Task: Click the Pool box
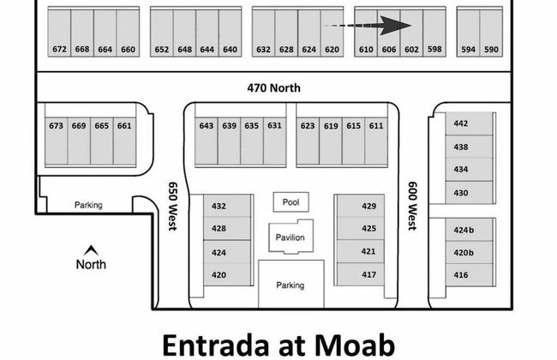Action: pyautogui.click(x=290, y=202)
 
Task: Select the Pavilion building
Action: pyautogui.click(x=290, y=237)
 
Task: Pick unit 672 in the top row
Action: pyautogui.click(x=59, y=49)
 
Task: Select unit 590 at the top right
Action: pyautogui.click(x=491, y=49)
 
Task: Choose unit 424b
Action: pyautogui.click(x=464, y=231)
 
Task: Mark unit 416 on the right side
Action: pyautogui.click(x=462, y=274)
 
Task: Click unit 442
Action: pyautogui.click(x=461, y=123)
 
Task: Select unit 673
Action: pyautogui.click(x=56, y=126)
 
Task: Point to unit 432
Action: pyautogui.click(x=219, y=206)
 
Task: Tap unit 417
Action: pyautogui.click(x=368, y=274)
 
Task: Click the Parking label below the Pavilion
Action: pyautogui.click(x=290, y=285)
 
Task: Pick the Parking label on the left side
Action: pyautogui.click(x=88, y=205)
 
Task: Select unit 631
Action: pyautogui.click(x=274, y=126)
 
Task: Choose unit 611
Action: pyautogui.click(x=376, y=126)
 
